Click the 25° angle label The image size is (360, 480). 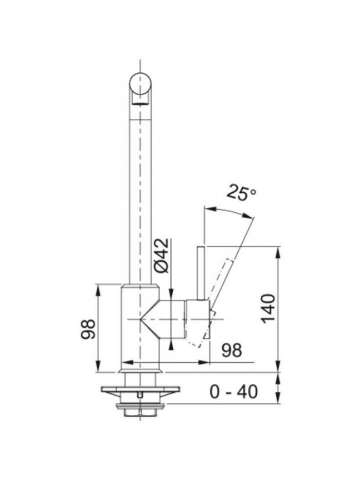click(x=241, y=193)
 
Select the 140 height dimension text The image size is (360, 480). click(x=268, y=308)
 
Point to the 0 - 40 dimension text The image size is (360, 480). click(x=233, y=392)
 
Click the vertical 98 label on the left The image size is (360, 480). click(x=88, y=329)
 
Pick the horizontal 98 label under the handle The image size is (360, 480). click(x=232, y=350)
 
